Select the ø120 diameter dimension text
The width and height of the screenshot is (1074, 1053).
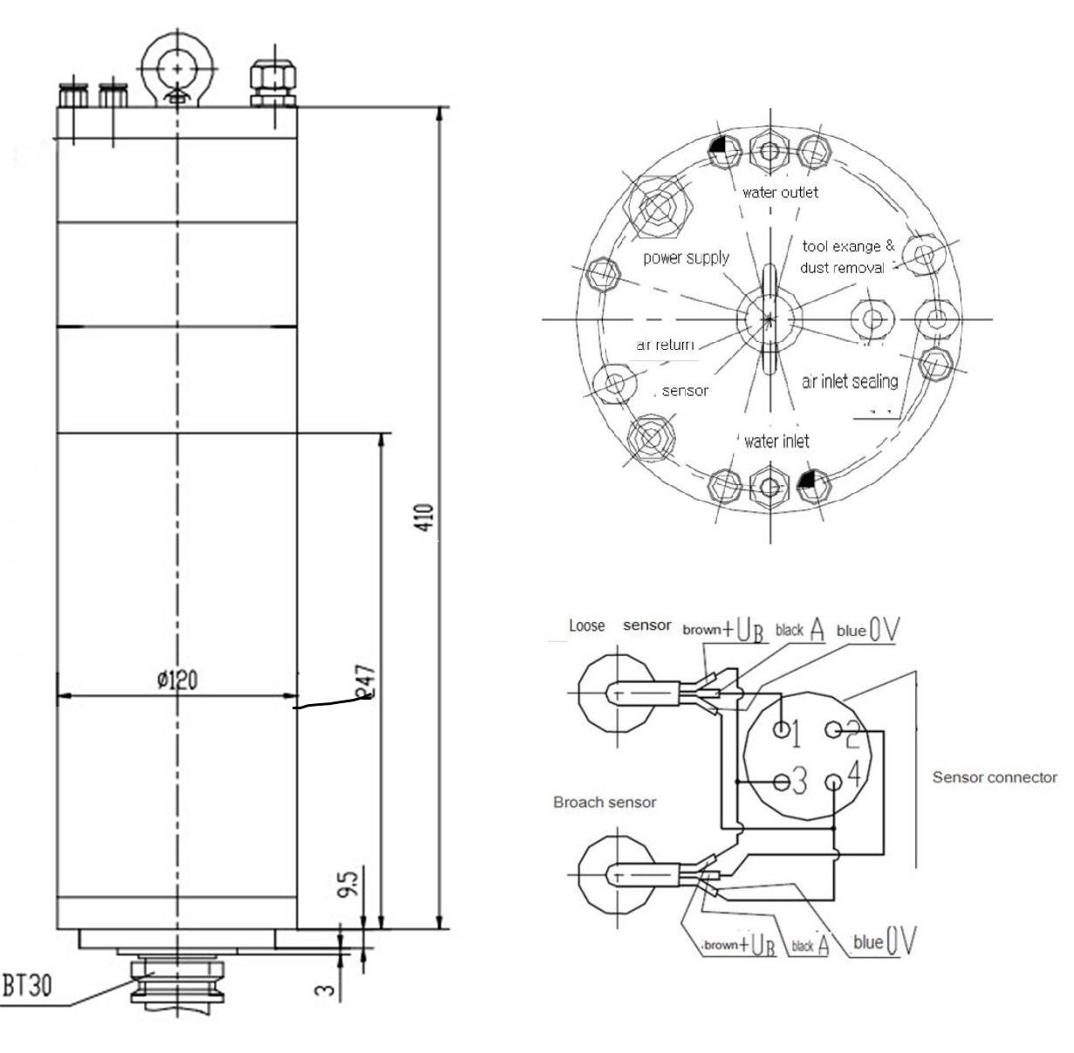177,680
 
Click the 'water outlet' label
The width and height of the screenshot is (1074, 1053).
780,192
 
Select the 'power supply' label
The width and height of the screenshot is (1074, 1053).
686,257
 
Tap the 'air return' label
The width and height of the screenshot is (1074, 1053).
666,345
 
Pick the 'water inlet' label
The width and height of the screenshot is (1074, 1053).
776,441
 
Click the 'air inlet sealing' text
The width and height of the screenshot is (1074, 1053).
850,380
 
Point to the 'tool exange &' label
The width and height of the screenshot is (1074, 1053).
848,246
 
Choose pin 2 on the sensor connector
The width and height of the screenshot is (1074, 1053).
835,729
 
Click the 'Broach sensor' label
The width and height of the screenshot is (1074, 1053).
605,802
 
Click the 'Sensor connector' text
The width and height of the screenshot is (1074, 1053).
995,776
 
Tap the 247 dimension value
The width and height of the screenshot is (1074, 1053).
366,683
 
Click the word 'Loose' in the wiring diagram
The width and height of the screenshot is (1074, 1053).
586,626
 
